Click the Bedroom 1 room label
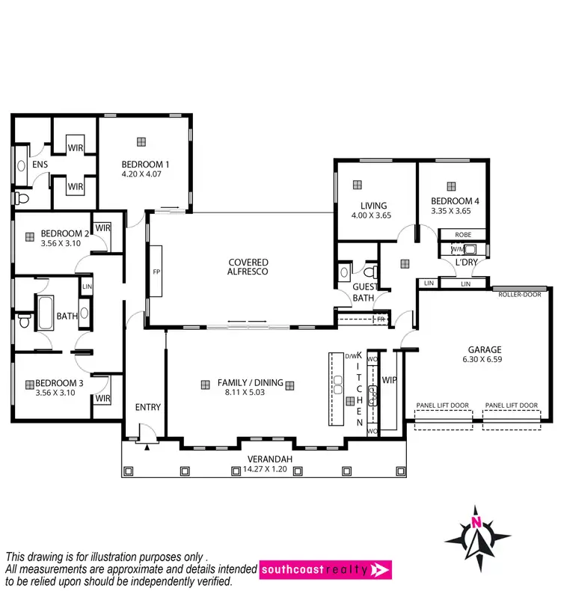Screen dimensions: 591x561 coord(147,165)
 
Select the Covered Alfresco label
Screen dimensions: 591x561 coord(248,267)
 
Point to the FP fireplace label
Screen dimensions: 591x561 coord(156,272)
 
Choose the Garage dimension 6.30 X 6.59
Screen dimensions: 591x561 coord(485,359)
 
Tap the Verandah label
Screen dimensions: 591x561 coord(265,459)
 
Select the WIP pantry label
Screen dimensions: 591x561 coord(389,380)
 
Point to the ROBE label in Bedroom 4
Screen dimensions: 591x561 coord(463,234)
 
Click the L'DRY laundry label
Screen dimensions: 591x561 coord(467,263)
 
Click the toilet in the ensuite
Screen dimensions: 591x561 coord(21,197)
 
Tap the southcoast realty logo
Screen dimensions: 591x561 coord(325,570)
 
